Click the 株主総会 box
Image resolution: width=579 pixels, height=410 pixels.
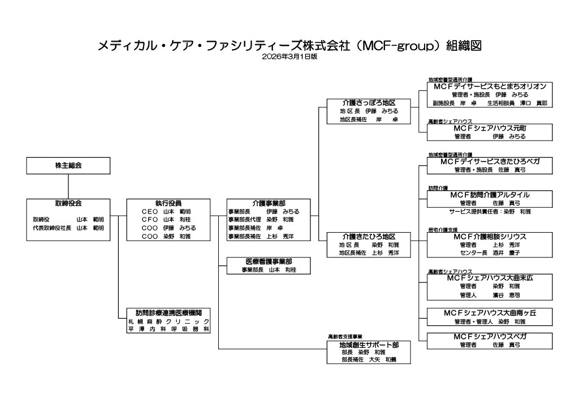pyautogui.click(x=68, y=165)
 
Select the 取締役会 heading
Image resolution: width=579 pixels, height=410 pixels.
pyautogui.click(x=68, y=203)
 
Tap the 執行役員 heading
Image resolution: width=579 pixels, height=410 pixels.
pyautogui.click(x=168, y=203)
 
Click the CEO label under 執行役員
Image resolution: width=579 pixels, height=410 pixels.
pyautogui.click(x=150, y=211)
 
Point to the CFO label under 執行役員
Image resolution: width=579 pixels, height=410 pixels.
pyautogui.click(x=150, y=219)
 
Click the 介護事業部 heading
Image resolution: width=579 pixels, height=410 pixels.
pyautogui.click(x=269, y=203)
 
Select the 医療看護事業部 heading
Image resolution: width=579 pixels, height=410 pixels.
pyautogui.click(x=269, y=261)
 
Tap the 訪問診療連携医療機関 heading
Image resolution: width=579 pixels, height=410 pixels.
pyautogui.click(x=168, y=312)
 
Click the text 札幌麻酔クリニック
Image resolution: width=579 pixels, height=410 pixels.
pyautogui.click(x=168, y=320)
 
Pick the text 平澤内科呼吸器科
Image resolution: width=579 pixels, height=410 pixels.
pyautogui.click(x=168, y=328)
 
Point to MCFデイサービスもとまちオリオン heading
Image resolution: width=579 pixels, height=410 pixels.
pyautogui.click(x=490, y=86)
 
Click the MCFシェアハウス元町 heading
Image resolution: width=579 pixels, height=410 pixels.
pyautogui.click(x=490, y=128)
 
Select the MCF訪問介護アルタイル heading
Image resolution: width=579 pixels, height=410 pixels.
pyautogui.click(x=490, y=194)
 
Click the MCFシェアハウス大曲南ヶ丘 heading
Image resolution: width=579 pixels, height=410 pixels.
pyautogui.click(x=490, y=312)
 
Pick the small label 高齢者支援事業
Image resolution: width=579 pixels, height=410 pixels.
pyautogui.click(x=344, y=337)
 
